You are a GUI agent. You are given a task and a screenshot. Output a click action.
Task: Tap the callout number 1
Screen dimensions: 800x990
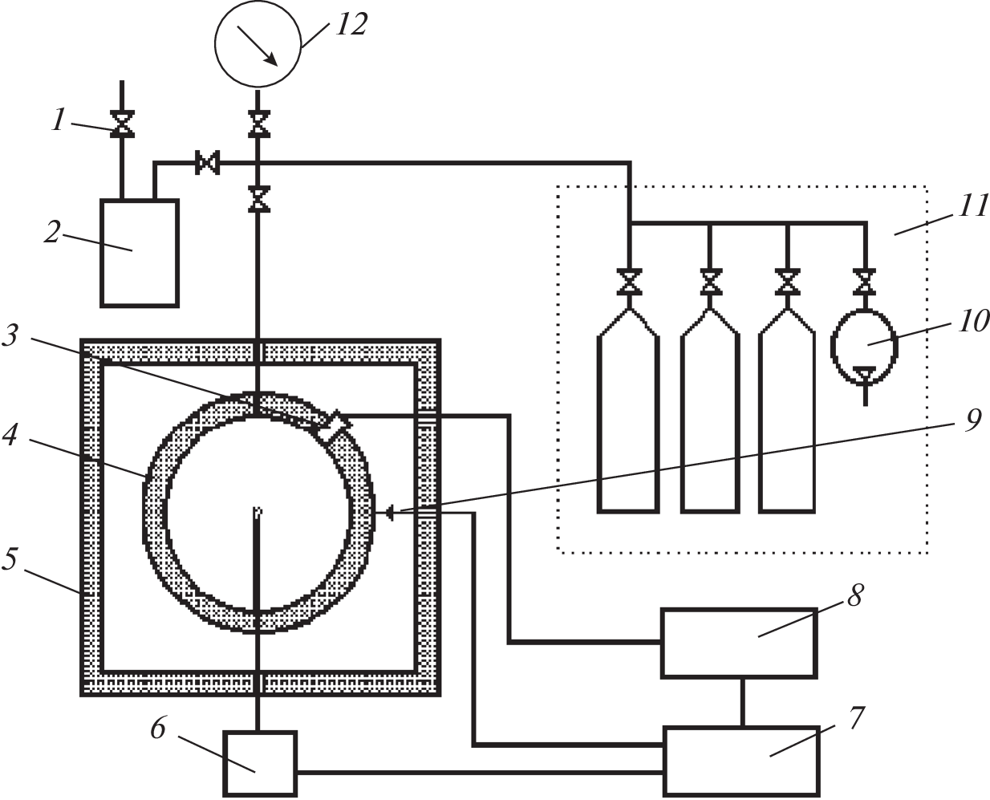[x=59, y=120]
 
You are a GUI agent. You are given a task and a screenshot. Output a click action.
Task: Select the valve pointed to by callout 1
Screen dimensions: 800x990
[x=122, y=124]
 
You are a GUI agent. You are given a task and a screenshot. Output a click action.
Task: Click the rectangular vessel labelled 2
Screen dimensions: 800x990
[x=139, y=253]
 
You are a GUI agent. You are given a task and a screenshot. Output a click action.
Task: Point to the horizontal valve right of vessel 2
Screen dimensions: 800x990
[x=208, y=164]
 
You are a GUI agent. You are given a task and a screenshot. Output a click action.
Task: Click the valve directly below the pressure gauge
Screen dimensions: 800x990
[x=258, y=124]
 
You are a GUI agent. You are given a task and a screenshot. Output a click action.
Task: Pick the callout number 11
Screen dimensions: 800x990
[x=973, y=206]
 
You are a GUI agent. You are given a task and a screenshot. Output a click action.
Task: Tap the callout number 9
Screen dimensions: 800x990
[x=972, y=420]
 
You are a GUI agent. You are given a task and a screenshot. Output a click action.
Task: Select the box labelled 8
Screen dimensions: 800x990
[x=738, y=643]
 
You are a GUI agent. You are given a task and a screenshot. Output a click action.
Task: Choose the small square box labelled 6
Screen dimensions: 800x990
[x=259, y=762]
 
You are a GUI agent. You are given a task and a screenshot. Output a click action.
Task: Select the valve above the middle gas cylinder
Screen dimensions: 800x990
[x=710, y=282]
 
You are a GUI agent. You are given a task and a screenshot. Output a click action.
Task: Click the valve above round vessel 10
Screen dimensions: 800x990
[x=864, y=282]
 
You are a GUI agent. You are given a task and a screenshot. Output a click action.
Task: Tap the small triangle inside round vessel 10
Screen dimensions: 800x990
[x=864, y=374]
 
